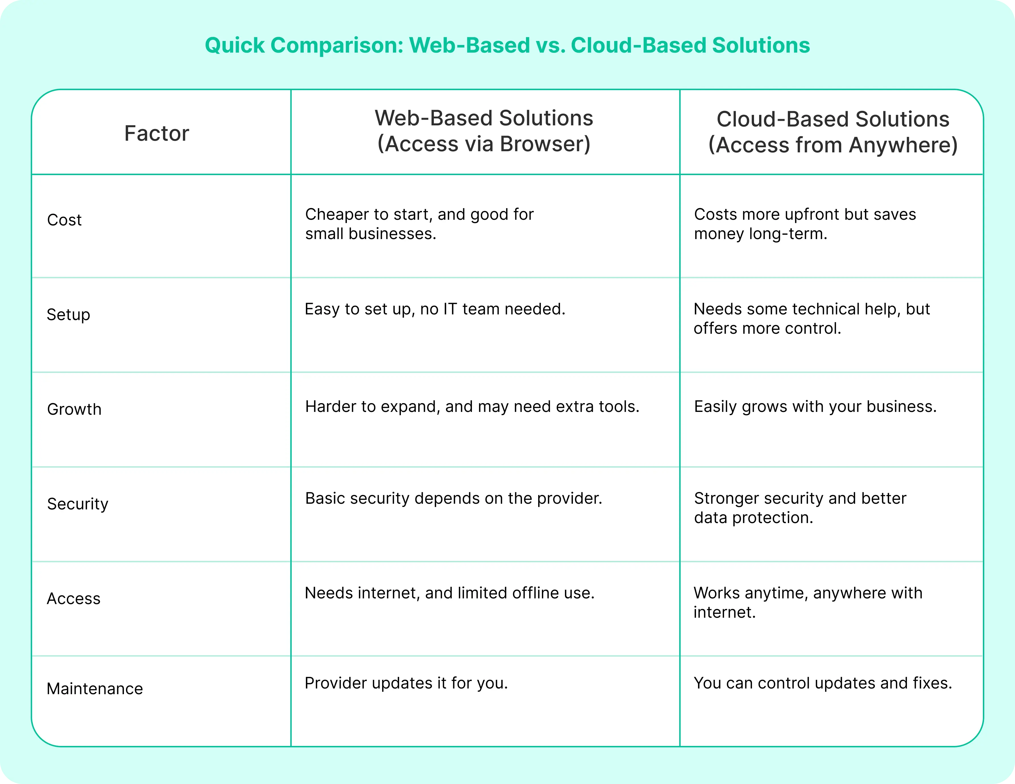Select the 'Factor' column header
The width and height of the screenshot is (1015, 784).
point(157,133)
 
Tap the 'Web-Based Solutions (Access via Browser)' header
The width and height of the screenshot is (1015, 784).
point(484,131)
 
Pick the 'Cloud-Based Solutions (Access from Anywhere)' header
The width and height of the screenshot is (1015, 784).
point(832,132)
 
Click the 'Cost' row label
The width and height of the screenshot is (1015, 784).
point(64,220)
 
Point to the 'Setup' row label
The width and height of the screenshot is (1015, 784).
point(68,315)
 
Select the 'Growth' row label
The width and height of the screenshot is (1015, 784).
point(74,409)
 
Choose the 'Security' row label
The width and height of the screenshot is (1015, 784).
point(78,504)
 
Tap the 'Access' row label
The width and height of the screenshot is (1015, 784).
point(73,599)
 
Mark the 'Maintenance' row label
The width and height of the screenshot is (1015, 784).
point(95,689)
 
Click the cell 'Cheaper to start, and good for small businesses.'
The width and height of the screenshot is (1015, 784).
point(419,224)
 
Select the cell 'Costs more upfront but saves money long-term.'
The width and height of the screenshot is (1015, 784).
point(805,224)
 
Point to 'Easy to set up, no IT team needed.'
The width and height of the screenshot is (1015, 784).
point(434,309)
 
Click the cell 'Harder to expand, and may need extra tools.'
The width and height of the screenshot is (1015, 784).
point(472,406)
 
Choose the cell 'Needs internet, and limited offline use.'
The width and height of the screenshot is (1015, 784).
point(449,593)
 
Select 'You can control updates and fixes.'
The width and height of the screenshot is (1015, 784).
point(823,683)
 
